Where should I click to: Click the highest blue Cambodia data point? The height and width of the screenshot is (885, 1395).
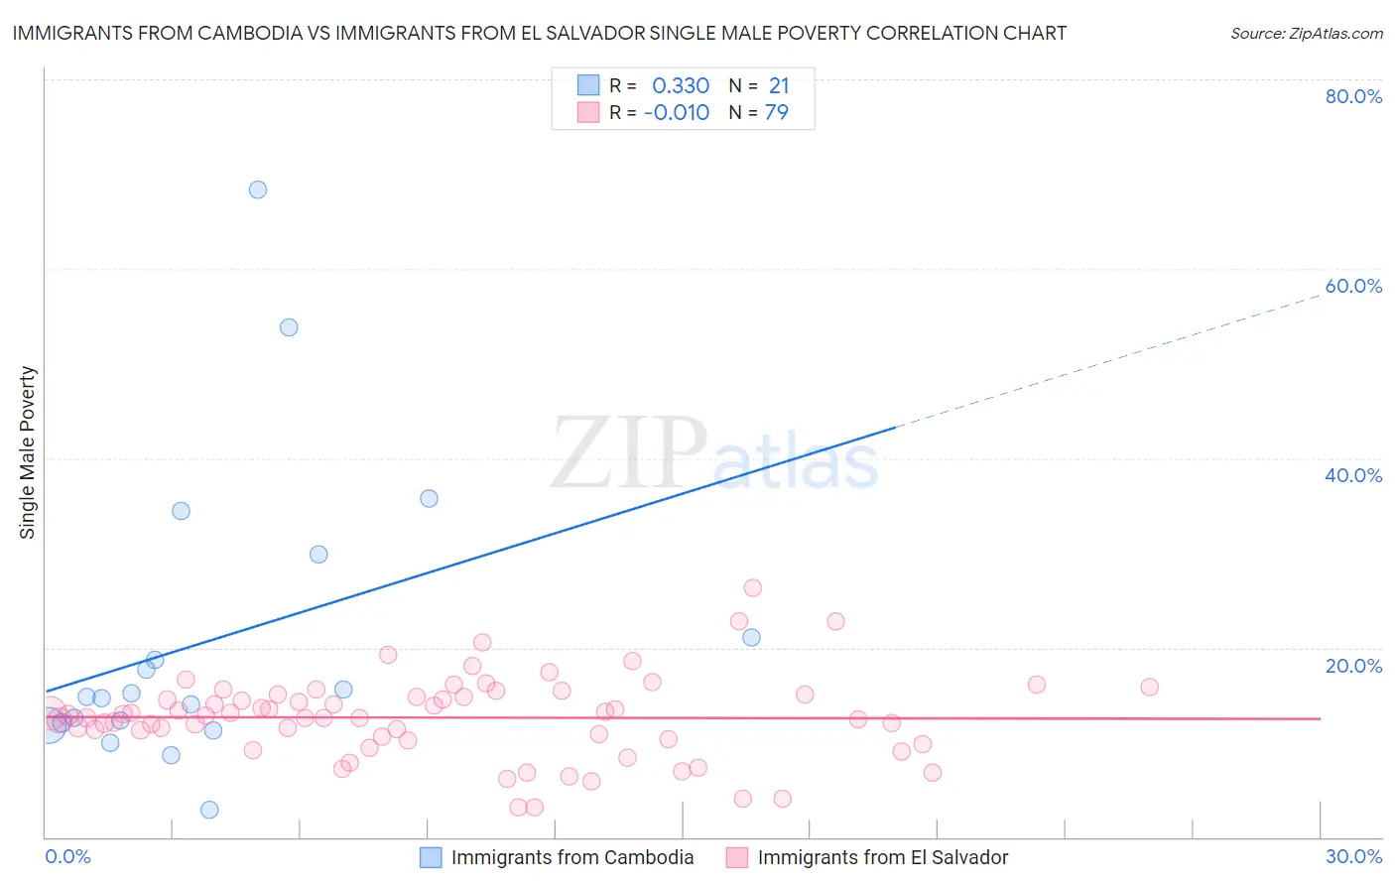coord(258,190)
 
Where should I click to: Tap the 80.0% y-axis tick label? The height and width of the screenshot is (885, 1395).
coord(1353,96)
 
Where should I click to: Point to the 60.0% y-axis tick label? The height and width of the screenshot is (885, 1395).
coord(1353,286)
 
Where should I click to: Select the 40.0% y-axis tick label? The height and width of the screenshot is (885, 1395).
coord(1353,475)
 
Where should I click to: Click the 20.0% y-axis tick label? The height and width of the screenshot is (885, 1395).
coord(1353,666)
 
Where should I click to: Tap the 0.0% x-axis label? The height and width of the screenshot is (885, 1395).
coord(67,856)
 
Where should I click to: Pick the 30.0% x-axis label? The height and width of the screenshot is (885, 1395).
coord(1353,856)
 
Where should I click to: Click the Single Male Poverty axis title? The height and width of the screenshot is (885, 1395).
coord(28,452)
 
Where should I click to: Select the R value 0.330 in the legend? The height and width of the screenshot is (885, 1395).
coord(681,86)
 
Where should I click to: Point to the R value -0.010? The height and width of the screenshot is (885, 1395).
coord(677,113)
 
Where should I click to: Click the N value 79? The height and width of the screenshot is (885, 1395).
coord(777,113)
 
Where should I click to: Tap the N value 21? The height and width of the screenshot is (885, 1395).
coord(779,86)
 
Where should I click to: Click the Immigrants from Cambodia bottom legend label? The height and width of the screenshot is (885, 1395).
coord(572,857)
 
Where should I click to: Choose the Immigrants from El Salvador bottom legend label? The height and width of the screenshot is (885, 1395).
coord(882,857)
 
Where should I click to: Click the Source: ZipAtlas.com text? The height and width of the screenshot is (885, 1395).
coord(1306,34)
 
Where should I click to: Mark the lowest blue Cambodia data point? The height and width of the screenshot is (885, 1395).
coord(209,810)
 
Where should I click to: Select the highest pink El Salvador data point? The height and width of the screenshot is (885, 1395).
coord(753,588)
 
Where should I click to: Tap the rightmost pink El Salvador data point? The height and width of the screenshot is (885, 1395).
coord(1150,687)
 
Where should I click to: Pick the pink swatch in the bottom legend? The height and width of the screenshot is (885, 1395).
coord(736,857)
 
